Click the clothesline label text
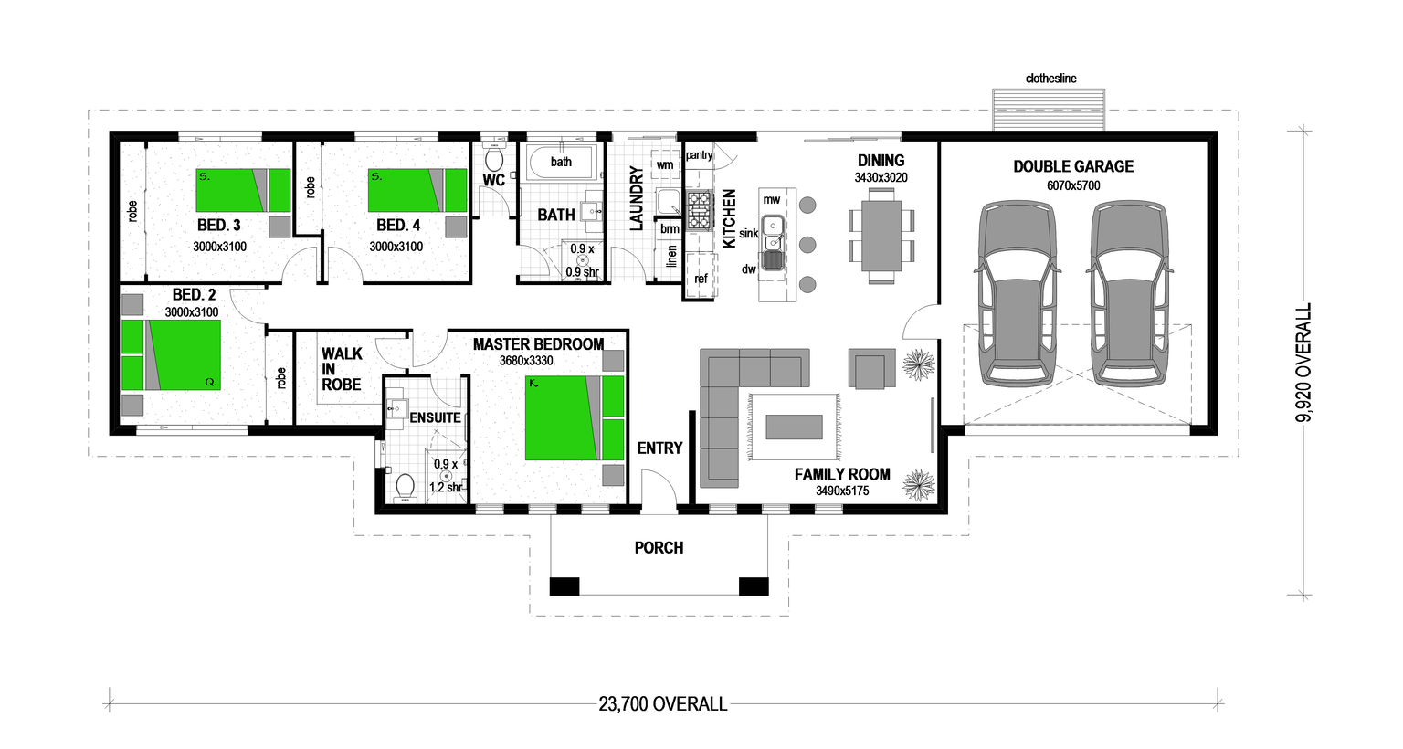(1050, 79)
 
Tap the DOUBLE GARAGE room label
(1073, 166)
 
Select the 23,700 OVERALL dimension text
(663, 704)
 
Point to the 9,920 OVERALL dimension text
(1303, 363)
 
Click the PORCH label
(659, 548)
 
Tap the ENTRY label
(659, 448)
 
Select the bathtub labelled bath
(561, 163)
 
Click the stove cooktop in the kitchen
(700, 210)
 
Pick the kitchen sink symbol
(773, 234)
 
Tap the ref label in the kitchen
(701, 280)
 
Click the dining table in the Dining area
(881, 235)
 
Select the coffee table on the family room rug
(794, 427)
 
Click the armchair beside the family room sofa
(871, 369)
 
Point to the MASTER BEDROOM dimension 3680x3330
(526, 361)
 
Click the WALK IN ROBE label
(342, 369)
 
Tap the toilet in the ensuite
(405, 487)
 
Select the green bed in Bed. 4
(417, 190)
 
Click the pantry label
(699, 155)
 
